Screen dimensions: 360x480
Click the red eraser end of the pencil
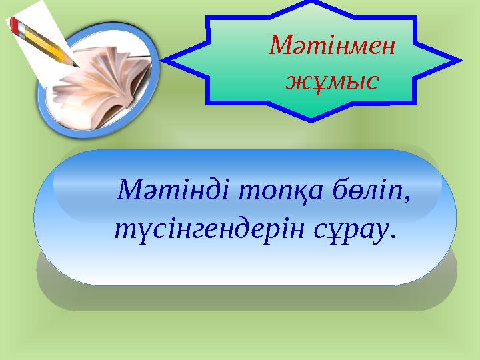[x=14, y=24]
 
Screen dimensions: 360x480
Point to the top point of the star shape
[x=312, y=3]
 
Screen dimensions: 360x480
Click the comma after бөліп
[x=406, y=201]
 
